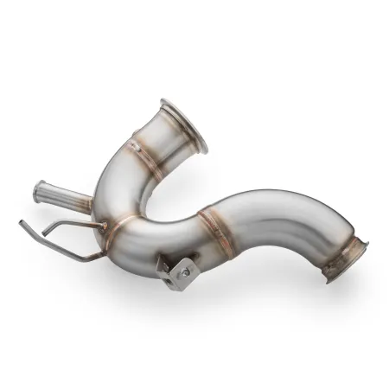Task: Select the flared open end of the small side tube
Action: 39,191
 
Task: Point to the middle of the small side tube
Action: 65,195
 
